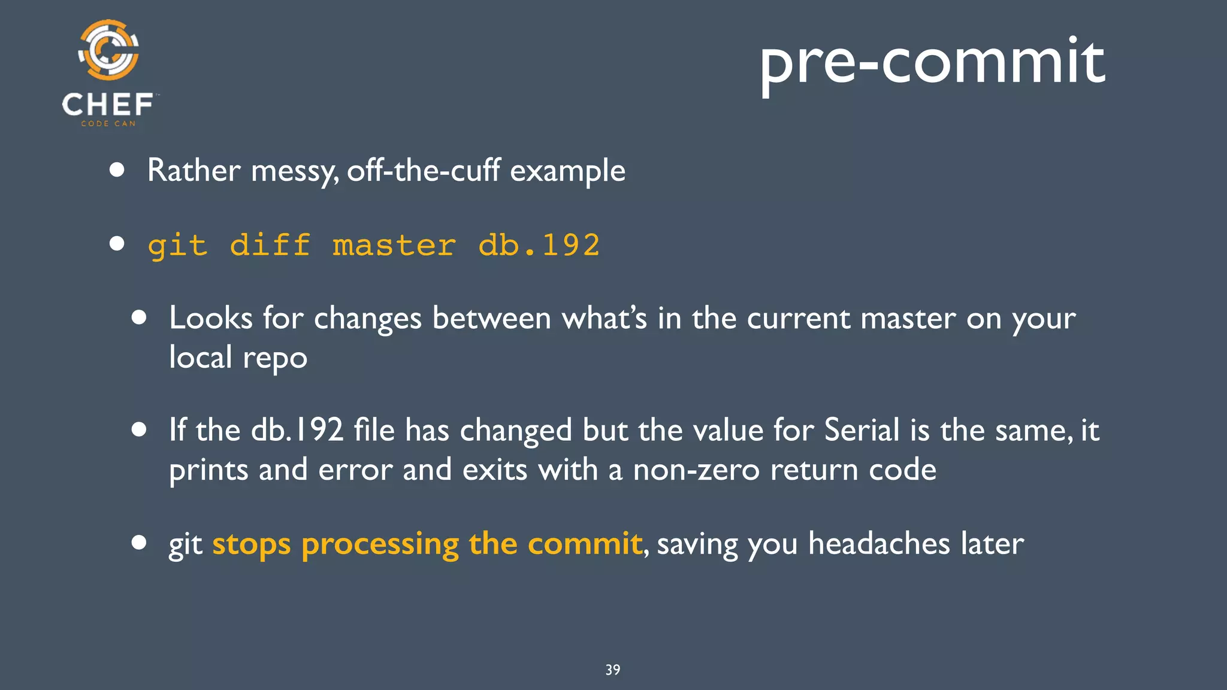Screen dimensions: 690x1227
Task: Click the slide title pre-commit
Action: point(932,62)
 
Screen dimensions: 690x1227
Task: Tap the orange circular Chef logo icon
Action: point(108,50)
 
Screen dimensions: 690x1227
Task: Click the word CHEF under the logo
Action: point(108,105)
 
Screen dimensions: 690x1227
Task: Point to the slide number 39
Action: point(613,670)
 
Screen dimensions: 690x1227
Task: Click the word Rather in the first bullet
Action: point(194,170)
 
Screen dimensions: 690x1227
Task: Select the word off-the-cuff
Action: point(423,170)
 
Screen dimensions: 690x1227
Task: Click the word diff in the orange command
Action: point(270,246)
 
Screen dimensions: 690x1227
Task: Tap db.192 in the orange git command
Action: point(539,246)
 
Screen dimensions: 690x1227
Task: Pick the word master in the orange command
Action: point(394,246)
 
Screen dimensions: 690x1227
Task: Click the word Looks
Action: point(210,317)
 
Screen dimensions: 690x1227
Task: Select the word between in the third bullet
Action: point(491,317)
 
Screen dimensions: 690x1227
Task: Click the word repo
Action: point(275,358)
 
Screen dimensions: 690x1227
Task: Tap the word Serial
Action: point(862,430)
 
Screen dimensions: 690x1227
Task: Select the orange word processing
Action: point(380,545)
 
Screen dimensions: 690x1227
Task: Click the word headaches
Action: point(879,544)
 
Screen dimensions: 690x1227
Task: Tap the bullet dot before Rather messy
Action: point(117,170)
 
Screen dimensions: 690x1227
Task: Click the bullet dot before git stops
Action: point(139,543)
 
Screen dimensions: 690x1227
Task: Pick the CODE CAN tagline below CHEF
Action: point(108,123)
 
